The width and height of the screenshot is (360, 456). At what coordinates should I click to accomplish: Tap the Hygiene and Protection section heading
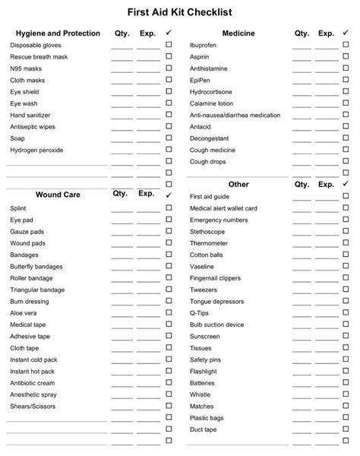(58, 33)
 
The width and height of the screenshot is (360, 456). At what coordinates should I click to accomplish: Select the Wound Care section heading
(58, 195)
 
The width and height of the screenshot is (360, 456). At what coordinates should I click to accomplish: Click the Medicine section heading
(238, 33)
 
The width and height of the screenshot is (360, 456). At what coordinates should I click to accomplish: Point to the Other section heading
(238, 184)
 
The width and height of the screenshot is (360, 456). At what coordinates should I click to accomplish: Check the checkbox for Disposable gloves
(169, 46)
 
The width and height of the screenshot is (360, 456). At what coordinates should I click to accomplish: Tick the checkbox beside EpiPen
(349, 80)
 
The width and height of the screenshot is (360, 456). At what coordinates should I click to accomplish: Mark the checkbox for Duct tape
(349, 429)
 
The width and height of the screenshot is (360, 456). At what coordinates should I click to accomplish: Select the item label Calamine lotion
(211, 103)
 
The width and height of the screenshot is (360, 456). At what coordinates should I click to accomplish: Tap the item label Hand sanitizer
(30, 115)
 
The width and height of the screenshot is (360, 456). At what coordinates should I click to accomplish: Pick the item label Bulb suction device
(217, 325)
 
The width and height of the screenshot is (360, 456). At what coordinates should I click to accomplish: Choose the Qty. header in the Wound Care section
(121, 194)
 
